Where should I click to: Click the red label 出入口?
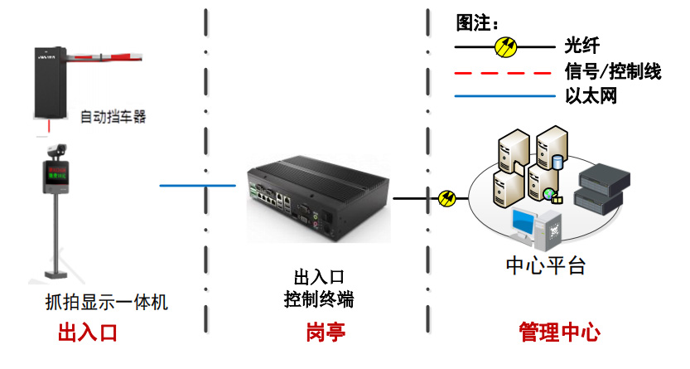87,333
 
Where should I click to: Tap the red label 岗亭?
325,333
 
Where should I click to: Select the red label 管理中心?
559,333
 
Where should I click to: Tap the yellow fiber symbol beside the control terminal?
447,198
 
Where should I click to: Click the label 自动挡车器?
113,117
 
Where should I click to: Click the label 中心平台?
546,266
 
